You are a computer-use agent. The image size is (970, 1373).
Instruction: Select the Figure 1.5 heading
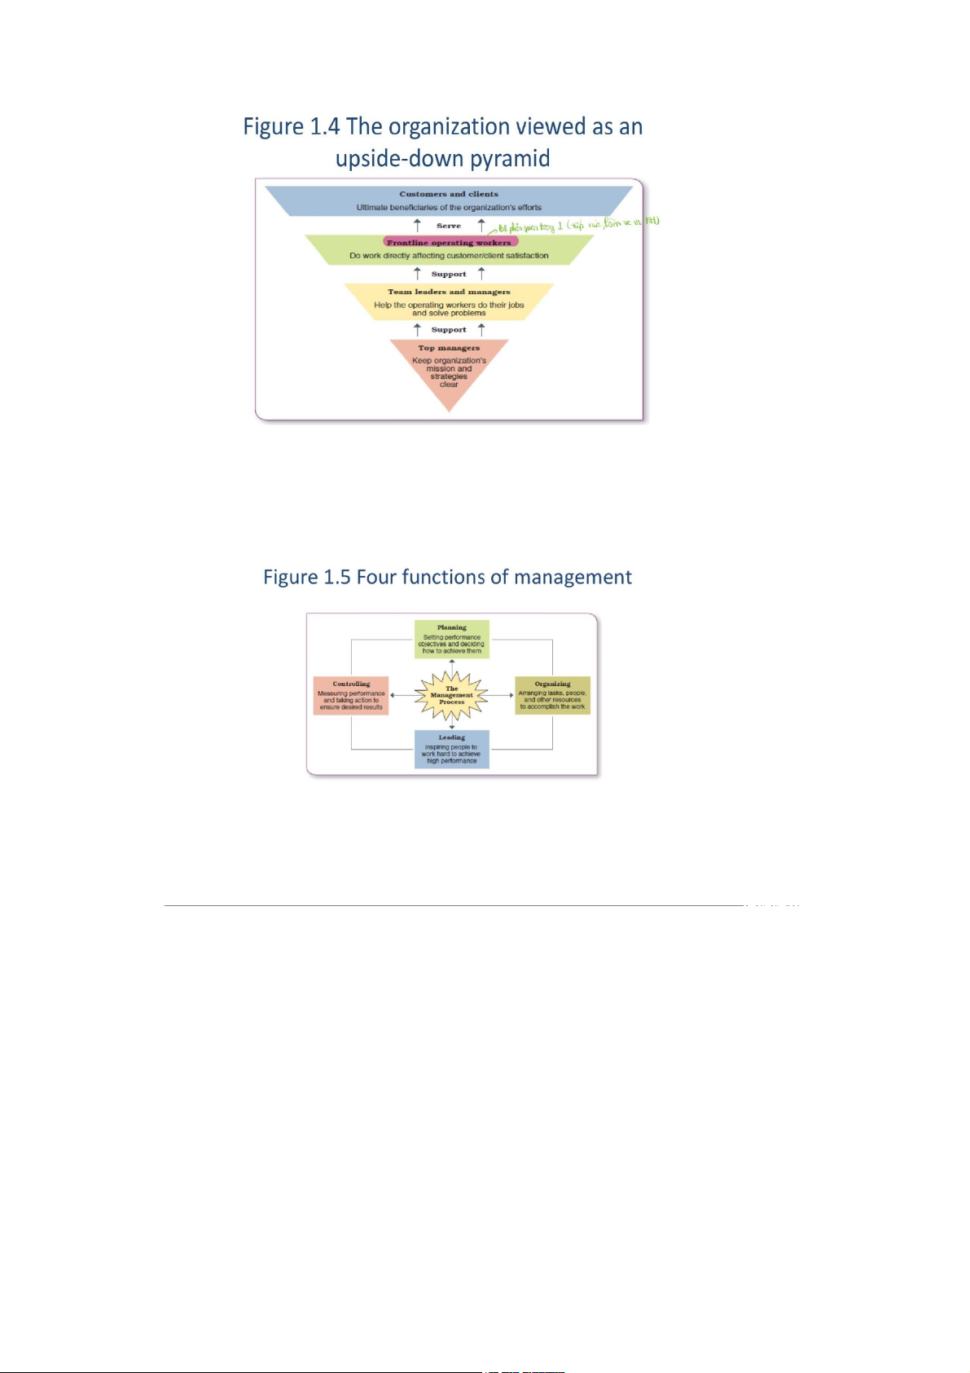(x=447, y=578)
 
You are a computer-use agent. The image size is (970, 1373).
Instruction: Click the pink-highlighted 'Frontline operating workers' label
(x=449, y=242)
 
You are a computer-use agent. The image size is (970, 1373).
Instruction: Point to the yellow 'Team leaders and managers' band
(x=449, y=301)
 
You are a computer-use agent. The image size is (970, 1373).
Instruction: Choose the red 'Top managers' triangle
(x=449, y=371)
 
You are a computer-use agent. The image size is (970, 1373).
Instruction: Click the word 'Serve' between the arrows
(x=449, y=226)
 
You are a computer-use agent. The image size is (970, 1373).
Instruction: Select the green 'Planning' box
(x=451, y=639)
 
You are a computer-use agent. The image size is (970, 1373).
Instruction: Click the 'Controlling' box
(x=351, y=695)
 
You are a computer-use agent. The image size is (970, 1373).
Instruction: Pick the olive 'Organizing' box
(x=552, y=695)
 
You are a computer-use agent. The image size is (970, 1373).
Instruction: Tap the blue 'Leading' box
(x=451, y=749)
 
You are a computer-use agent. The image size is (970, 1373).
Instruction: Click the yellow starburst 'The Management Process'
(x=451, y=695)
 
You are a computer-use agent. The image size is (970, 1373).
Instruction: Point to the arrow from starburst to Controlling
(x=402, y=695)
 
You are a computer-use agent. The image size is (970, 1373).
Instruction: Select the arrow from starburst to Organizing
(x=501, y=695)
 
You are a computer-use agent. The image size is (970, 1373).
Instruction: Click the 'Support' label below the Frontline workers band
(x=449, y=274)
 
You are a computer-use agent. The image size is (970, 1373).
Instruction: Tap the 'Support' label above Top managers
(x=449, y=330)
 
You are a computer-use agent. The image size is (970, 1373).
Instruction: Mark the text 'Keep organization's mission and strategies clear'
(x=449, y=372)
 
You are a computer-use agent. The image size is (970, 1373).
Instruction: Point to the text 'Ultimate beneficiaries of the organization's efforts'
(x=449, y=208)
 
